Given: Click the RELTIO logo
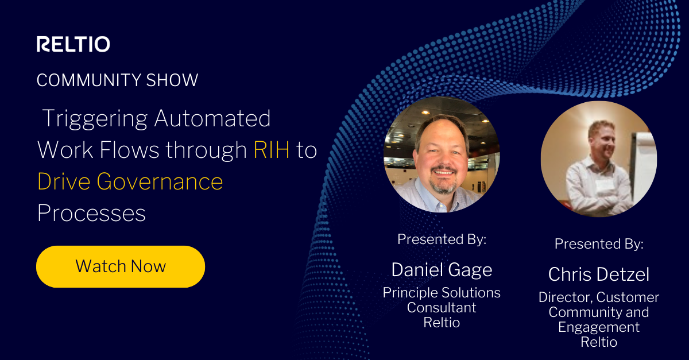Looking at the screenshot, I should coord(73,44).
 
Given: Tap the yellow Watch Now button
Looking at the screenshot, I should coord(121,266).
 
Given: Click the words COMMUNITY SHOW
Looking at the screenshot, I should coord(117,80).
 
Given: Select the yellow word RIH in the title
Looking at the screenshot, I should coord(271,150).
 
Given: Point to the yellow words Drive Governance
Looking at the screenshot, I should coord(130,181).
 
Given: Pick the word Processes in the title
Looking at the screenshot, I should coord(91,213).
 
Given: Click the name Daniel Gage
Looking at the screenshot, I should coord(442,269).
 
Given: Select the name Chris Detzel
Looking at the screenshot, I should coord(598,274).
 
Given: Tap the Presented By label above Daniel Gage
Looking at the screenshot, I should coord(442,239).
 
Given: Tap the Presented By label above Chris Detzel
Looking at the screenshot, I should coord(598,244).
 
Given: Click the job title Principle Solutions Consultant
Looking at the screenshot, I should coord(442,300).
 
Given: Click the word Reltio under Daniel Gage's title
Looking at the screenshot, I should coord(442,323).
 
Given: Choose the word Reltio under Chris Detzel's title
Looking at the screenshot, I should coord(598,342).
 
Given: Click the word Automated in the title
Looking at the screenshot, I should coord(212,119).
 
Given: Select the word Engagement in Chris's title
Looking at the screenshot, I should coord(598,327).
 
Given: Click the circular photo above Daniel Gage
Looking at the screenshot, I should coord(442,154).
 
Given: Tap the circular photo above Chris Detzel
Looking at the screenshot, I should coord(598,159).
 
